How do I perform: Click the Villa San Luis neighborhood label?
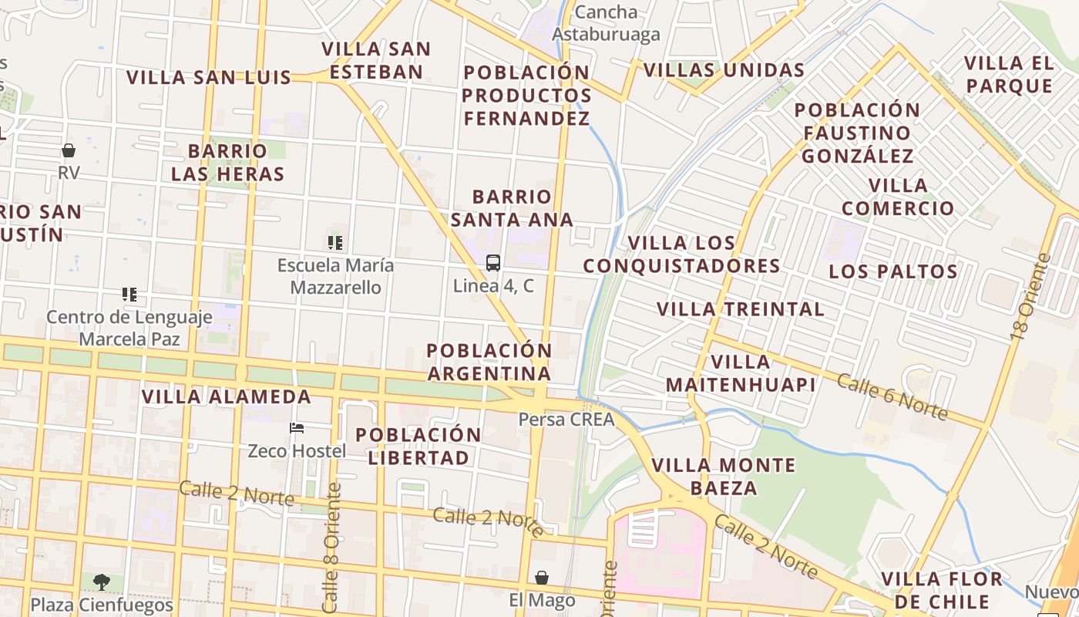(209, 77)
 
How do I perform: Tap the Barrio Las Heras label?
(227, 162)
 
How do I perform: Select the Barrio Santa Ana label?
(512, 208)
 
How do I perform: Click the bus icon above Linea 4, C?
(493, 263)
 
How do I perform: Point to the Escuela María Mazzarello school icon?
(335, 243)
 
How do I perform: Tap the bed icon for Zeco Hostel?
(297, 428)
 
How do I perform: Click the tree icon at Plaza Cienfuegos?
(101, 582)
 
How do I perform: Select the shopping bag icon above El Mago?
(542, 578)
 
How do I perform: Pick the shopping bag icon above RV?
(69, 150)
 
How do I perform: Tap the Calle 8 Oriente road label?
(332, 548)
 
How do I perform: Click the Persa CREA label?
(566, 420)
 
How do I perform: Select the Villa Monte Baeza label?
(723, 476)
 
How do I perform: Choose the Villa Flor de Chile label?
(942, 590)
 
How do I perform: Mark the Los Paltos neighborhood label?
(893, 271)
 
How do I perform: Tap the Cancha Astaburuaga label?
(607, 23)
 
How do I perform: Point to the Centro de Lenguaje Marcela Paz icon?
(129, 295)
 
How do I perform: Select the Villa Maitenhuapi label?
(741, 373)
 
